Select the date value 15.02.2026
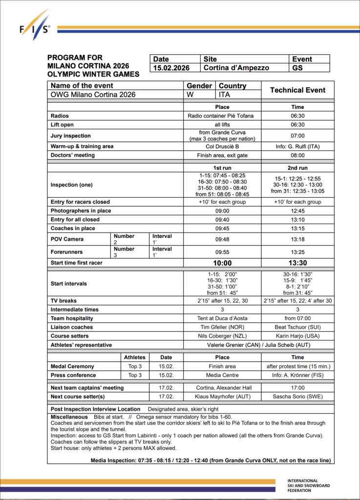(x=171, y=68)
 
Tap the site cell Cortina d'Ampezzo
(x=236, y=68)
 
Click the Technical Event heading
(x=298, y=90)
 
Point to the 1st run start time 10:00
(x=222, y=263)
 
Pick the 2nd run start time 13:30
(x=297, y=263)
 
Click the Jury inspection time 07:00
(x=297, y=136)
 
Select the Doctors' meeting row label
(x=73, y=155)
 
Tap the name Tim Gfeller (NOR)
(x=222, y=327)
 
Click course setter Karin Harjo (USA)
(x=297, y=336)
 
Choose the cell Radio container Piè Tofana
(x=222, y=116)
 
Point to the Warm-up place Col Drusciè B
(x=222, y=146)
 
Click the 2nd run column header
(x=297, y=167)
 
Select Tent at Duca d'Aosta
(x=222, y=318)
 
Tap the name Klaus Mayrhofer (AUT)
(x=222, y=396)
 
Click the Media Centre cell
(x=222, y=375)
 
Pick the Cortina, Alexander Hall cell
(x=222, y=388)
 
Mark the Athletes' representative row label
(x=81, y=345)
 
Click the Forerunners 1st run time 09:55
(x=222, y=252)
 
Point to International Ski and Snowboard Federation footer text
(x=309, y=485)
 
